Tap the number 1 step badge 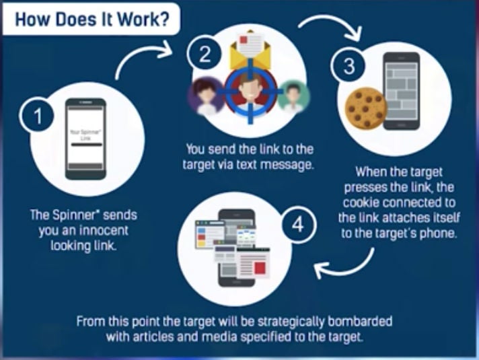pyautogui.click(x=39, y=117)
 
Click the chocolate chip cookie pyautogui.click(x=366, y=110)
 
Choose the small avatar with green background pyautogui.click(x=291, y=94)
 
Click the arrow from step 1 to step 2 pyautogui.click(x=144, y=60)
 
